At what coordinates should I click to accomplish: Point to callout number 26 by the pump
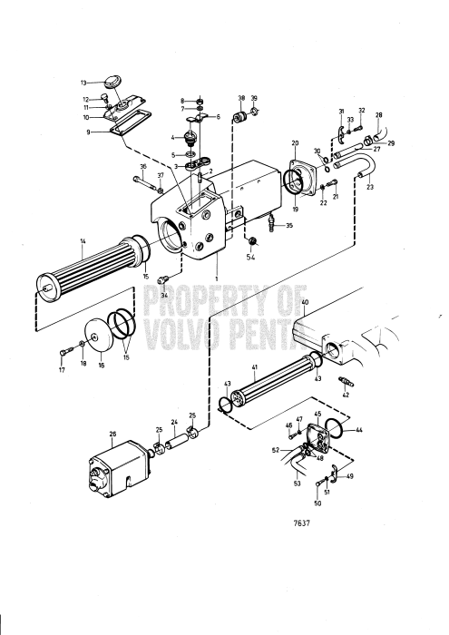tap(113, 433)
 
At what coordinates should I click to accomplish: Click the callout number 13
tap(83, 82)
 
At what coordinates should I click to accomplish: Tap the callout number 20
tap(295, 144)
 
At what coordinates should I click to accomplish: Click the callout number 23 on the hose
tap(369, 188)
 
